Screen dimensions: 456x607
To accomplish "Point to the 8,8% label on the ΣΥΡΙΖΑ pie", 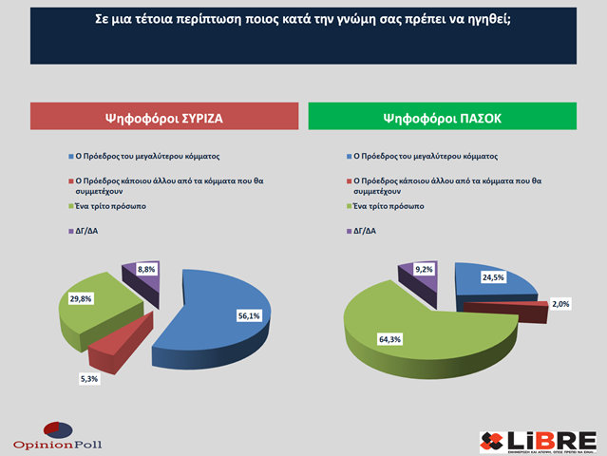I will click(x=146, y=269).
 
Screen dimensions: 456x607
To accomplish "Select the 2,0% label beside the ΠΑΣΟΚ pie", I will click(x=560, y=304).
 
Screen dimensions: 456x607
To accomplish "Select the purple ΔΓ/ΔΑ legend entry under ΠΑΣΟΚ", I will click(x=365, y=230).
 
